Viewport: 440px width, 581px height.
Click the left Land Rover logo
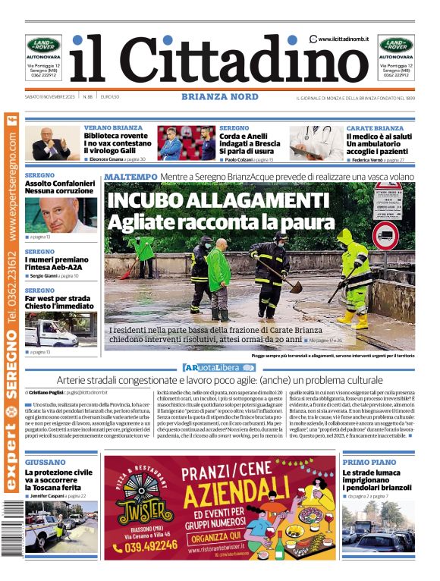pyautogui.click(x=43, y=46)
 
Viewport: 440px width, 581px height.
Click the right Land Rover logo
pyautogui.click(x=396, y=46)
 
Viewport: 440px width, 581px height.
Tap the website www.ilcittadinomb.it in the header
pyautogui.click(x=343, y=39)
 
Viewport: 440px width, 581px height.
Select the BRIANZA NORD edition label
pyautogui.click(x=220, y=97)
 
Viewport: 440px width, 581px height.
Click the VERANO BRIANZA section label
pyautogui.click(x=113, y=128)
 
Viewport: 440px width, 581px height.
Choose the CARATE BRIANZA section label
pyautogui.click(x=375, y=128)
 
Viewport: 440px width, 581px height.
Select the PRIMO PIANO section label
pyautogui.click(x=369, y=462)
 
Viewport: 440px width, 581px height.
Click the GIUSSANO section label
pyautogui.click(x=45, y=462)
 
